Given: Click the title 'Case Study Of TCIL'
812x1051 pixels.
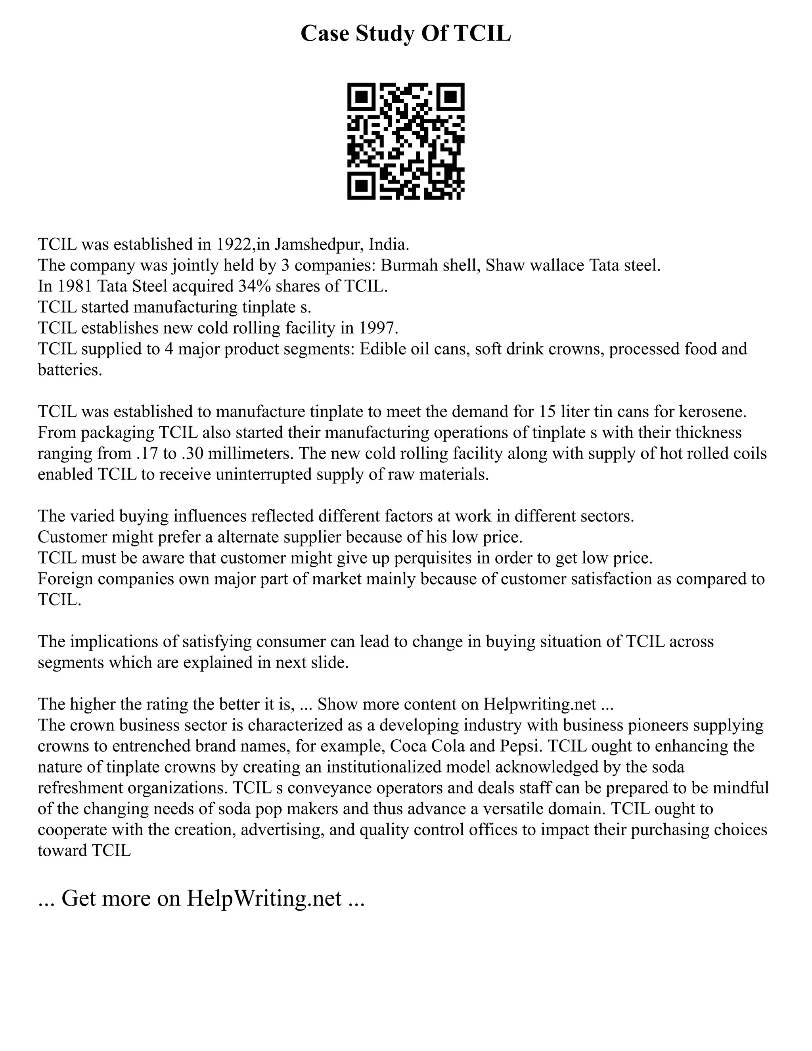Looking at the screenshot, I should (x=406, y=34).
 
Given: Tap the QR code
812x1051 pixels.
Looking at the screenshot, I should (x=406, y=141).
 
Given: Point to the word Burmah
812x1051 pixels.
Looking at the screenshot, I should (x=404, y=265).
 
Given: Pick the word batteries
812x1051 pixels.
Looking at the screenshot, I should (x=70, y=370).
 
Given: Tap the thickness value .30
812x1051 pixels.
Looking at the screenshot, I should (x=194, y=453).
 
